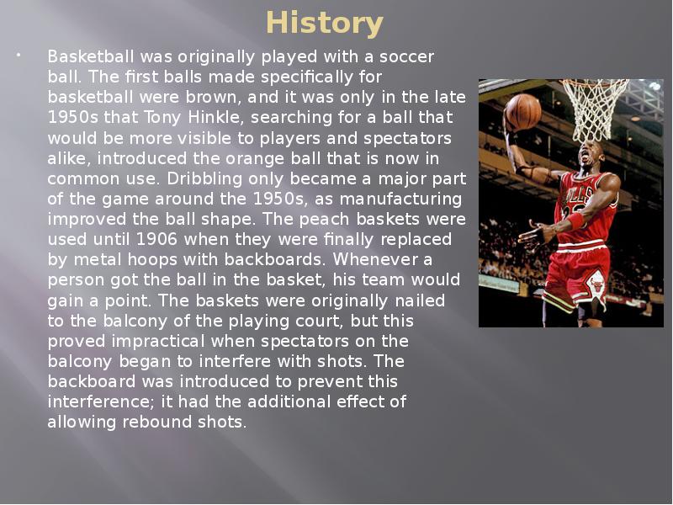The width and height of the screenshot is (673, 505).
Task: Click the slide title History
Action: click(x=324, y=23)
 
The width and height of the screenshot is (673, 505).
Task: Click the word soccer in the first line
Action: click(x=408, y=56)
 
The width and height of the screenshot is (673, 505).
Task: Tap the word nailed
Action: click(x=420, y=300)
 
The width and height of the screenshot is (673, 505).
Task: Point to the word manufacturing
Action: click(x=402, y=199)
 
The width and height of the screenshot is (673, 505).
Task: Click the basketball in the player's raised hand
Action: click(x=522, y=112)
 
